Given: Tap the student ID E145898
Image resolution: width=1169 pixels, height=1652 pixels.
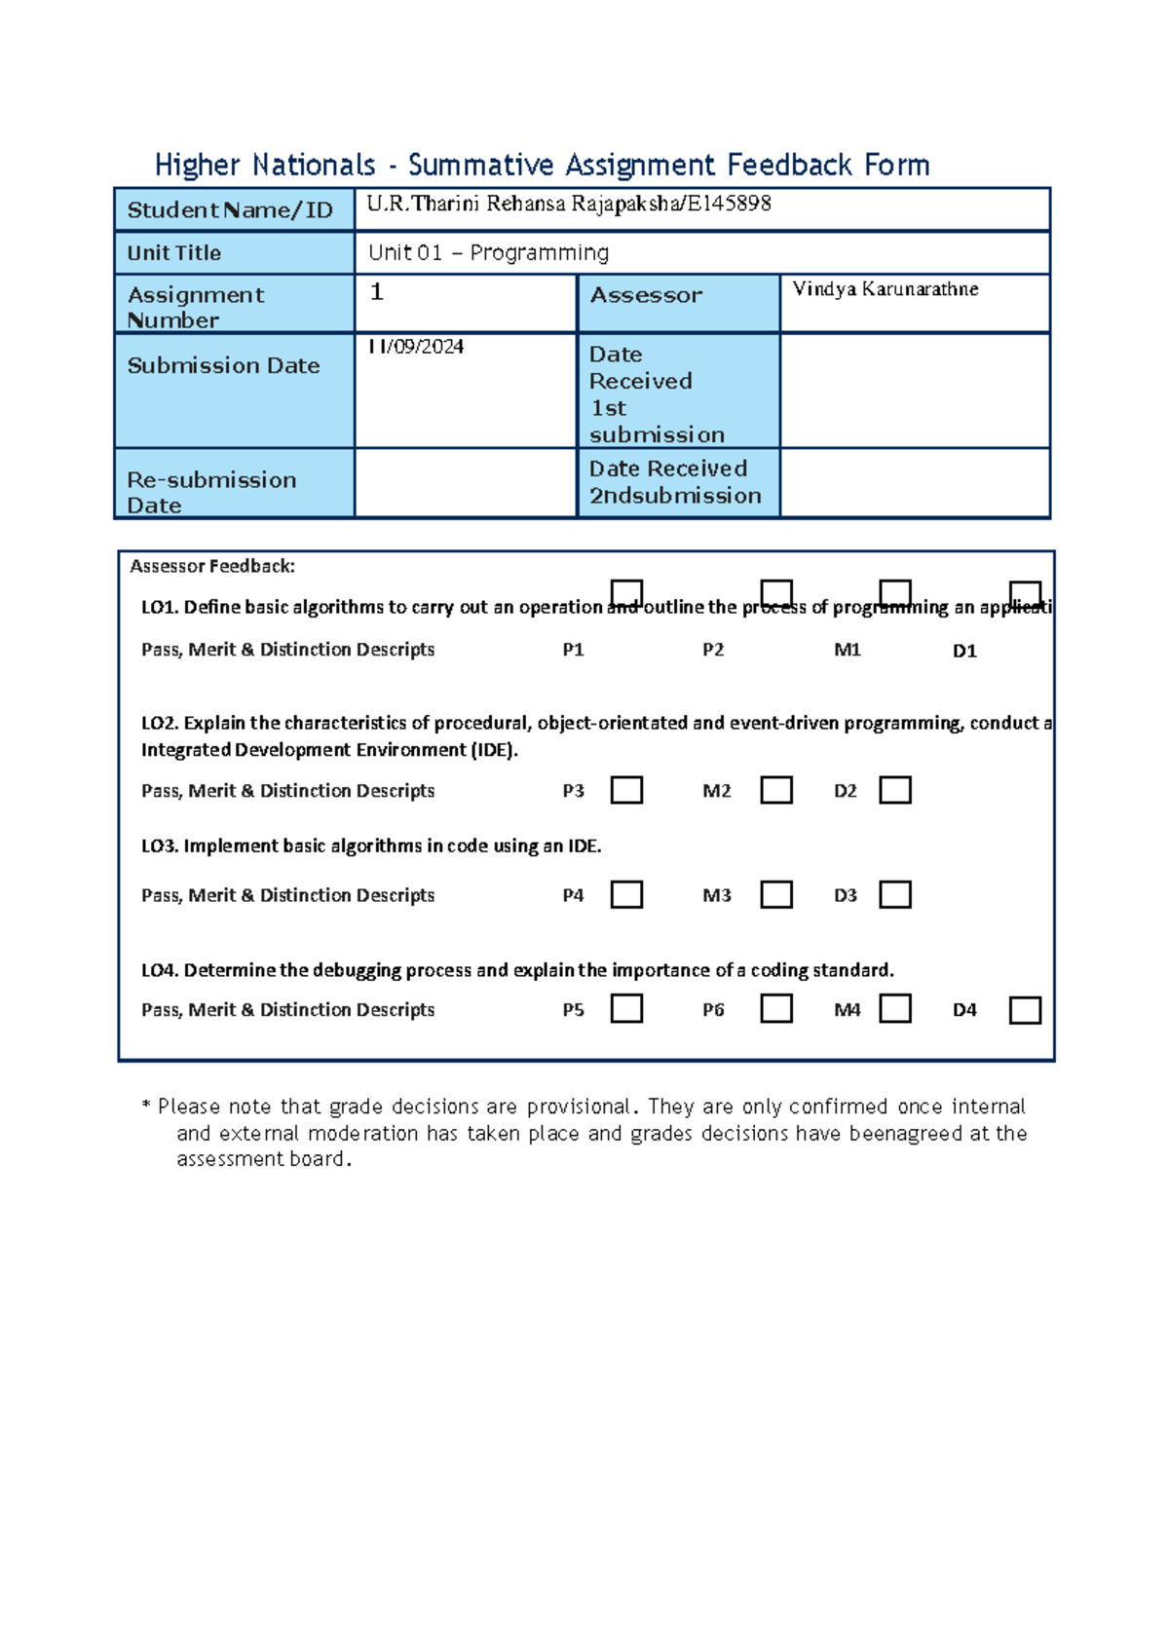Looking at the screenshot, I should (x=730, y=204).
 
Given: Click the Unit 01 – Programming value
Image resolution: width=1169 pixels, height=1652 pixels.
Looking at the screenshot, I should (x=488, y=253).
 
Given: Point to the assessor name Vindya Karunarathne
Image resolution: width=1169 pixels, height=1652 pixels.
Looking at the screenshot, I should (x=885, y=289).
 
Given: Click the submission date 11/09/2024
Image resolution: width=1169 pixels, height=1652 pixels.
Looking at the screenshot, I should (x=415, y=347).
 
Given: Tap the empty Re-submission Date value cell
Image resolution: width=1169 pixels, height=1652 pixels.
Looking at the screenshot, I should (x=466, y=483).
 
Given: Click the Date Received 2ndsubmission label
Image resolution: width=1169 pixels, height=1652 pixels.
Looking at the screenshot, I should (x=675, y=482).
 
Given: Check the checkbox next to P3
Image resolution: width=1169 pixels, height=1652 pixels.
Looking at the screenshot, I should (x=626, y=790).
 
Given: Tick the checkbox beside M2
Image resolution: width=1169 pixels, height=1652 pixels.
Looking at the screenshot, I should (x=775, y=790).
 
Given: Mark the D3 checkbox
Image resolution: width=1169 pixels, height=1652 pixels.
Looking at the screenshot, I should (x=894, y=894).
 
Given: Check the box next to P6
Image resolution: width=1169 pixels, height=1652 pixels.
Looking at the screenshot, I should (x=775, y=1008).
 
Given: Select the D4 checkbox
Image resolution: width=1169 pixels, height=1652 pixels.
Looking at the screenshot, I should (x=1025, y=1010).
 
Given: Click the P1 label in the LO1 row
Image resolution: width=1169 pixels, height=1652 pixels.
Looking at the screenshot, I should (x=573, y=650).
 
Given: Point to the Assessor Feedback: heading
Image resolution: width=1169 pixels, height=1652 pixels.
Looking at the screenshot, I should (x=212, y=566).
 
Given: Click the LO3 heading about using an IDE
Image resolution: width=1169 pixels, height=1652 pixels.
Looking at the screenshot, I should (x=371, y=846).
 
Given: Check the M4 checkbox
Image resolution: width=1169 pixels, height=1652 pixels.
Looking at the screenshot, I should (x=894, y=1008).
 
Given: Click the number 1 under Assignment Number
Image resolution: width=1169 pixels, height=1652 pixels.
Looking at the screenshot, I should (x=377, y=292).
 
